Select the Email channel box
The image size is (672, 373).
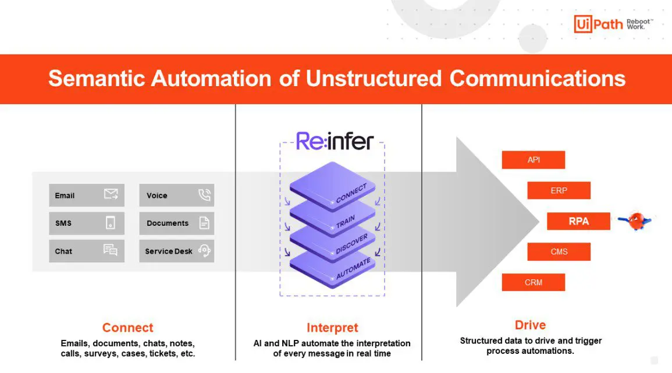pyautogui.click(x=87, y=195)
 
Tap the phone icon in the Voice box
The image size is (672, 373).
pyautogui.click(x=204, y=194)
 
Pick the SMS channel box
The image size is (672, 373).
pyautogui.click(x=87, y=223)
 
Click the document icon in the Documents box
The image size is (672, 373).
pyautogui.click(x=204, y=223)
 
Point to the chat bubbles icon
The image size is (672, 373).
pyautogui.click(x=111, y=250)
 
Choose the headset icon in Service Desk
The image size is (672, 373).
pyautogui.click(x=204, y=250)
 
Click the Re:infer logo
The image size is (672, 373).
pyautogui.click(x=335, y=141)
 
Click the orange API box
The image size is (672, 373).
pyautogui.click(x=533, y=160)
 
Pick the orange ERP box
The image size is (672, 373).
pyautogui.click(x=559, y=190)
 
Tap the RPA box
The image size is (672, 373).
pyautogui.click(x=578, y=221)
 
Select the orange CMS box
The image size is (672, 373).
pyautogui.click(x=559, y=251)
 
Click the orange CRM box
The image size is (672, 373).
pyautogui.click(x=533, y=283)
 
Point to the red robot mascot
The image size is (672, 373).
pyautogui.click(x=635, y=221)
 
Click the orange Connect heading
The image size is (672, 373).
pyautogui.click(x=128, y=328)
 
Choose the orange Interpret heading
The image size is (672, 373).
pyautogui.click(x=332, y=328)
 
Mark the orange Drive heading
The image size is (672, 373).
pyautogui.click(x=530, y=325)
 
